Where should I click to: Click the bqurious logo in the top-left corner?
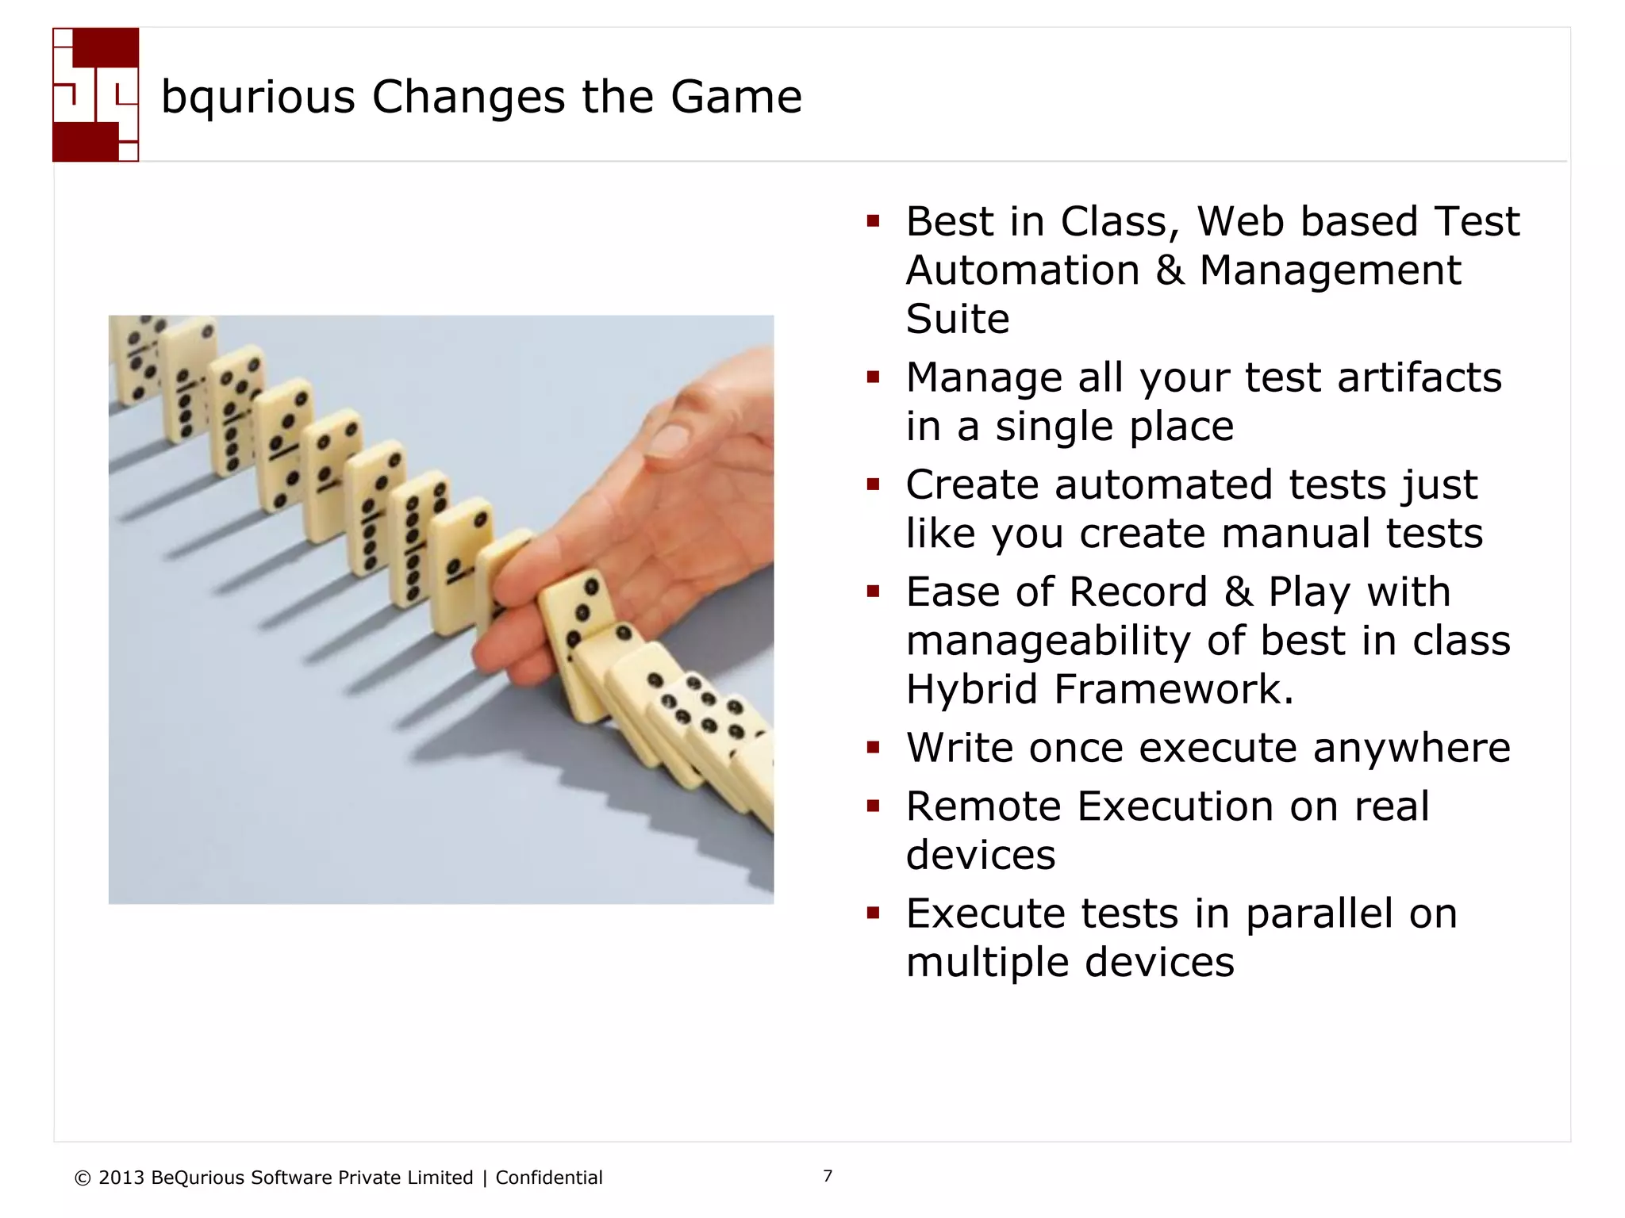[x=95, y=95]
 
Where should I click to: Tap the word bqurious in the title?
[x=258, y=98]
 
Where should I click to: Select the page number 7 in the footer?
[x=828, y=1176]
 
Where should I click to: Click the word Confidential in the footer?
[x=548, y=1178]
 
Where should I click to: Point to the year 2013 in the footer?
[x=121, y=1178]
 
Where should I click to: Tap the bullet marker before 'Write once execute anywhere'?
[x=873, y=747]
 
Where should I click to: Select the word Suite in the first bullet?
[x=957, y=319]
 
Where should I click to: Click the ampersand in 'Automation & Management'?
[x=1170, y=270]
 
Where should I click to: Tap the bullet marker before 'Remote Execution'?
[x=873, y=806]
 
